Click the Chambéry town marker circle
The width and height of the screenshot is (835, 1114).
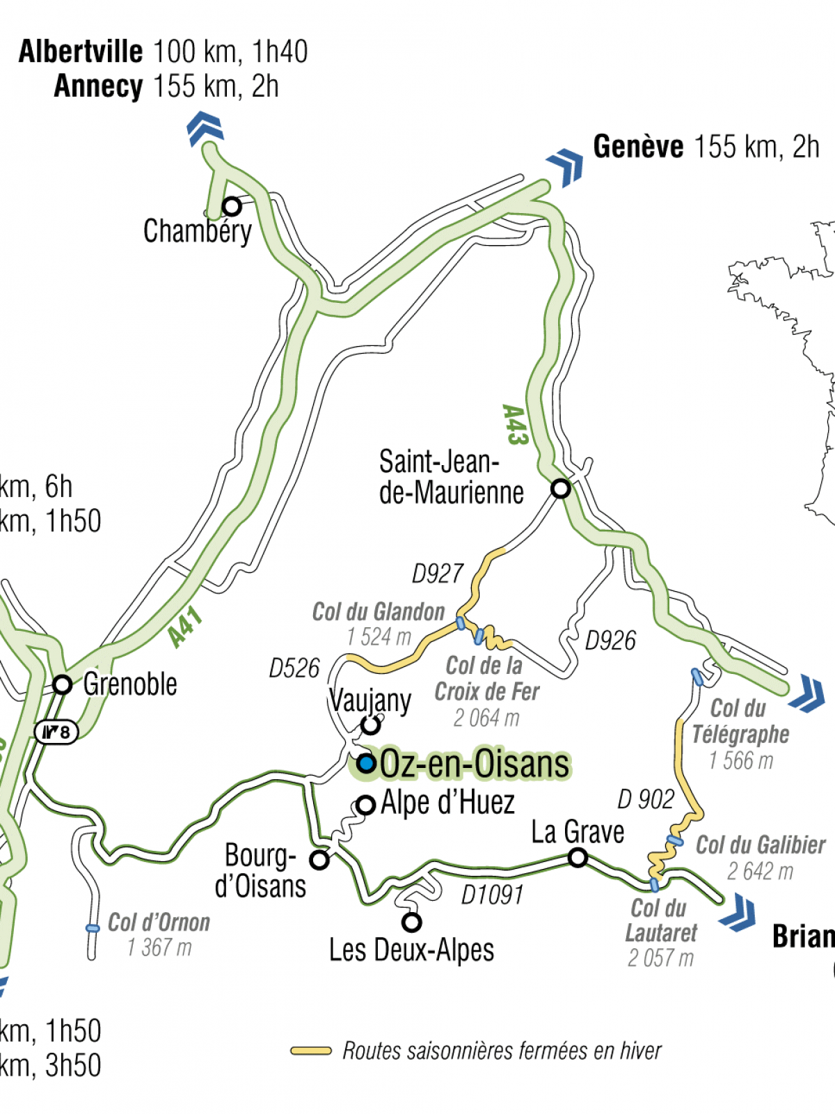click(x=232, y=207)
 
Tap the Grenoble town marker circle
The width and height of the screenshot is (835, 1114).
click(x=63, y=684)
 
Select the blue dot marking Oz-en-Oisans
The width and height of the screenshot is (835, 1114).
click(x=367, y=764)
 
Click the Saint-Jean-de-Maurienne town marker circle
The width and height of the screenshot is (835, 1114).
click(x=560, y=488)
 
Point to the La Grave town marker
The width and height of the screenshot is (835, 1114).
click(x=578, y=858)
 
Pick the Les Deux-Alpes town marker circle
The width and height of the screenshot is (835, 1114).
click(x=412, y=923)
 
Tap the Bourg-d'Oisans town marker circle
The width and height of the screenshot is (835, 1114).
click(x=319, y=860)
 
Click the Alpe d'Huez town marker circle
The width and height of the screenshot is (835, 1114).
click(x=366, y=806)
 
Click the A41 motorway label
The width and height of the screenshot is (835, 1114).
click(x=185, y=627)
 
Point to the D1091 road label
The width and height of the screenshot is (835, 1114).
click(x=492, y=895)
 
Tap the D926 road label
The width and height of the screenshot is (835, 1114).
click(x=610, y=641)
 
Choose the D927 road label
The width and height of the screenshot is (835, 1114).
click(x=437, y=574)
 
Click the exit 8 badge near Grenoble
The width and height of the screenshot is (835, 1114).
click(x=56, y=732)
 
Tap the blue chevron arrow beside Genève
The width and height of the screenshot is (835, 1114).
click(x=566, y=166)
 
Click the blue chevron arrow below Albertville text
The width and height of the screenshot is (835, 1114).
click(x=205, y=128)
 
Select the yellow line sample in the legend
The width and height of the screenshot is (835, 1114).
click(x=311, y=1051)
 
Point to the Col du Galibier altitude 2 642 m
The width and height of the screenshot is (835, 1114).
click(x=760, y=871)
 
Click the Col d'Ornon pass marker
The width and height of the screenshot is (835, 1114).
click(x=93, y=928)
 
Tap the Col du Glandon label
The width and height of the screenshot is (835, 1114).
click(x=378, y=612)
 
